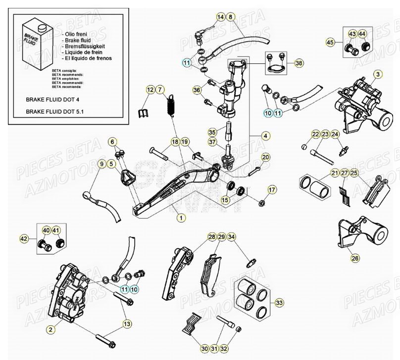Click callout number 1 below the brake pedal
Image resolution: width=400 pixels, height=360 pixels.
[x=181, y=217]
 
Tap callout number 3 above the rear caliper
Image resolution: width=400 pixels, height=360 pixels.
[x=378, y=75]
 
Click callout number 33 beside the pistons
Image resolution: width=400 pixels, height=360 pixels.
[x=280, y=302]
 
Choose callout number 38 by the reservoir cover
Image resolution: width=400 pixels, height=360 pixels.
[x=299, y=63]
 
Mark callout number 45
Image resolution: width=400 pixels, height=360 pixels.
[x=330, y=43]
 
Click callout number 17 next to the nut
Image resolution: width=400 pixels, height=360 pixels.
[x=271, y=190]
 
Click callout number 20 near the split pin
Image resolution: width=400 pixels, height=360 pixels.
[x=265, y=157]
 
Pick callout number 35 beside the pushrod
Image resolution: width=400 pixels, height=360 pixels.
[x=212, y=132]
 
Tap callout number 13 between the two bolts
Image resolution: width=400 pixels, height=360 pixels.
[x=128, y=323]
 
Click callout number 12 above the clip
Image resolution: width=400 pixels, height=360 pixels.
[x=136, y=90]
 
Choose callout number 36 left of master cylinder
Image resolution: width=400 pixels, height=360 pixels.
[x=197, y=90]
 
